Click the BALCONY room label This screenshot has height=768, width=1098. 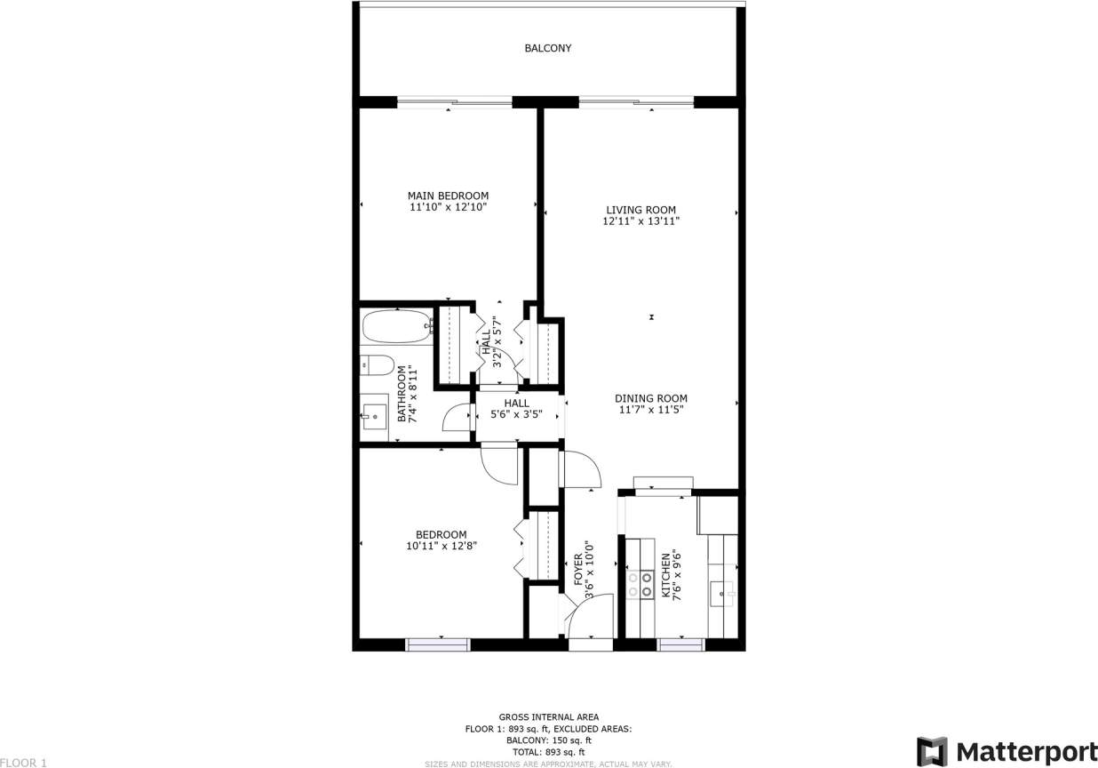coord(547,48)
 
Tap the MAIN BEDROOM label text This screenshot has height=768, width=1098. coord(448,196)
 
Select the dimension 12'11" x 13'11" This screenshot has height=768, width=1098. coord(640,221)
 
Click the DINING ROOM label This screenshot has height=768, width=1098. coord(652,398)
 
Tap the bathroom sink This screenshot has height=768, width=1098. coord(374,414)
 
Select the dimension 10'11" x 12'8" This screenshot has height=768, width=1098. coord(442,546)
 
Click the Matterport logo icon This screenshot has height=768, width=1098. coord(932,751)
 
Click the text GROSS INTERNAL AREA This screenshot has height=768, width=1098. coord(548,716)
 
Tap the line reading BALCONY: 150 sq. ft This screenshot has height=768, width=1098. coord(548,740)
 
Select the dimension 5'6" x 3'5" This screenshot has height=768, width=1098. coord(516,413)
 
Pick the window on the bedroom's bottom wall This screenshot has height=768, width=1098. coord(438,644)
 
